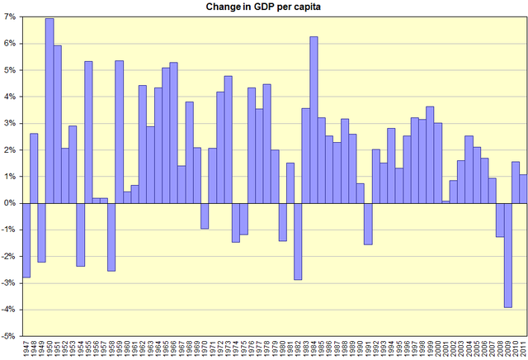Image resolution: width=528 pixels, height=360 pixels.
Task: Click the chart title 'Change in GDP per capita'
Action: point(264,7)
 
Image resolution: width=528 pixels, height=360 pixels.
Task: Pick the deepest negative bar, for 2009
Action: point(507,255)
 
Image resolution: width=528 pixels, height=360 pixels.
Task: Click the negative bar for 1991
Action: point(368,224)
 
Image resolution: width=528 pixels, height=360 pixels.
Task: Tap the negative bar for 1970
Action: point(205,216)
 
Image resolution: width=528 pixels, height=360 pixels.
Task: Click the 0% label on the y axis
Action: point(10,203)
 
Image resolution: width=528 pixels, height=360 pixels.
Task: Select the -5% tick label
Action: point(9,336)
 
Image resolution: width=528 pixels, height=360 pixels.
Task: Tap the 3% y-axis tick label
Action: point(10,123)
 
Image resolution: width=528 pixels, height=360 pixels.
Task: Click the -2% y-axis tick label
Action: point(9,256)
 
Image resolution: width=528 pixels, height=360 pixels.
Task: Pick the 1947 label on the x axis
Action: point(26,349)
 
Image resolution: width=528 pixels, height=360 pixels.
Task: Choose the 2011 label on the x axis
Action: point(523,349)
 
